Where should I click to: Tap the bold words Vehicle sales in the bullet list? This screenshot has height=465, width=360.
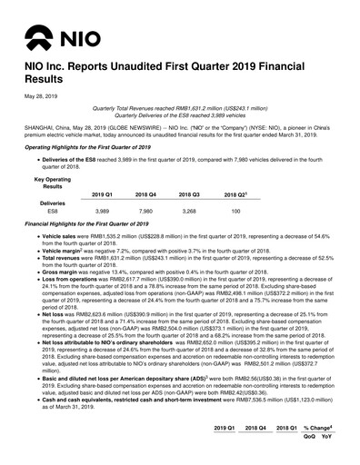coord(54,234)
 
